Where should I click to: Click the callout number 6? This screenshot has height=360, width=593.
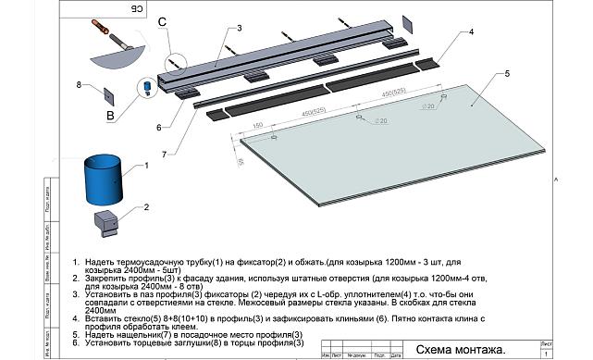pyautogui.click(x=158, y=127)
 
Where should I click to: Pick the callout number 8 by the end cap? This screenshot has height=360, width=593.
pyautogui.click(x=80, y=85)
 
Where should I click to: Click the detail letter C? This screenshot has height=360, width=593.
pyautogui.click(x=163, y=20)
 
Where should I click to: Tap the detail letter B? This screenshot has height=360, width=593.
pyautogui.click(x=110, y=117)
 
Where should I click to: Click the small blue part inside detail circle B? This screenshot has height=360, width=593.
pyautogui.click(x=144, y=88)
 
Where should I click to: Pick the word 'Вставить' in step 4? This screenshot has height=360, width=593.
pyautogui.click(x=103, y=317)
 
